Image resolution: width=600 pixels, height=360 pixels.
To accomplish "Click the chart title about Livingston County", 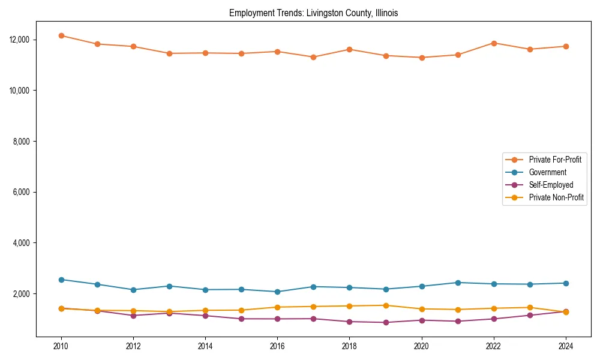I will [x=313, y=13].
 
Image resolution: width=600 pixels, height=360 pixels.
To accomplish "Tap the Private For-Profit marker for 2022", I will [x=494, y=43].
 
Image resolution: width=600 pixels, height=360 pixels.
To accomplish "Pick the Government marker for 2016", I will [x=277, y=292].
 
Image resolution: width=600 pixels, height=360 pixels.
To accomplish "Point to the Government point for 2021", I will [x=458, y=283].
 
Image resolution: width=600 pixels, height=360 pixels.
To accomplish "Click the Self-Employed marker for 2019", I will [x=386, y=322].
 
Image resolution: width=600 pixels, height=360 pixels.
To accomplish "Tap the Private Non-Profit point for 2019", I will [x=386, y=305].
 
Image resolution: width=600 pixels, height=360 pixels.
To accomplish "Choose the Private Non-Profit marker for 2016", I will [x=277, y=307].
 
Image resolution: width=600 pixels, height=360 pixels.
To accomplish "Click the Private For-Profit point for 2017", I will [x=313, y=57].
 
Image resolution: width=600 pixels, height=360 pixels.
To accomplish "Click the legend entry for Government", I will [x=547, y=172].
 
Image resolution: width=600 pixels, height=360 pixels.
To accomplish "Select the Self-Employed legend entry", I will [x=551, y=185].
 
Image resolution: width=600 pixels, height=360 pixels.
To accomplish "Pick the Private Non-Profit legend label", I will [x=556, y=197].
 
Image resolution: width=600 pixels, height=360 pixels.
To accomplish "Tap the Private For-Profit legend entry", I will [x=555, y=160].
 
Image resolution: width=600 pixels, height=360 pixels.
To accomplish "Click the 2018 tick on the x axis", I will [x=349, y=346].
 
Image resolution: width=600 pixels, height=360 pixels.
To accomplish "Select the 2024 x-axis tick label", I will [x=566, y=346].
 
